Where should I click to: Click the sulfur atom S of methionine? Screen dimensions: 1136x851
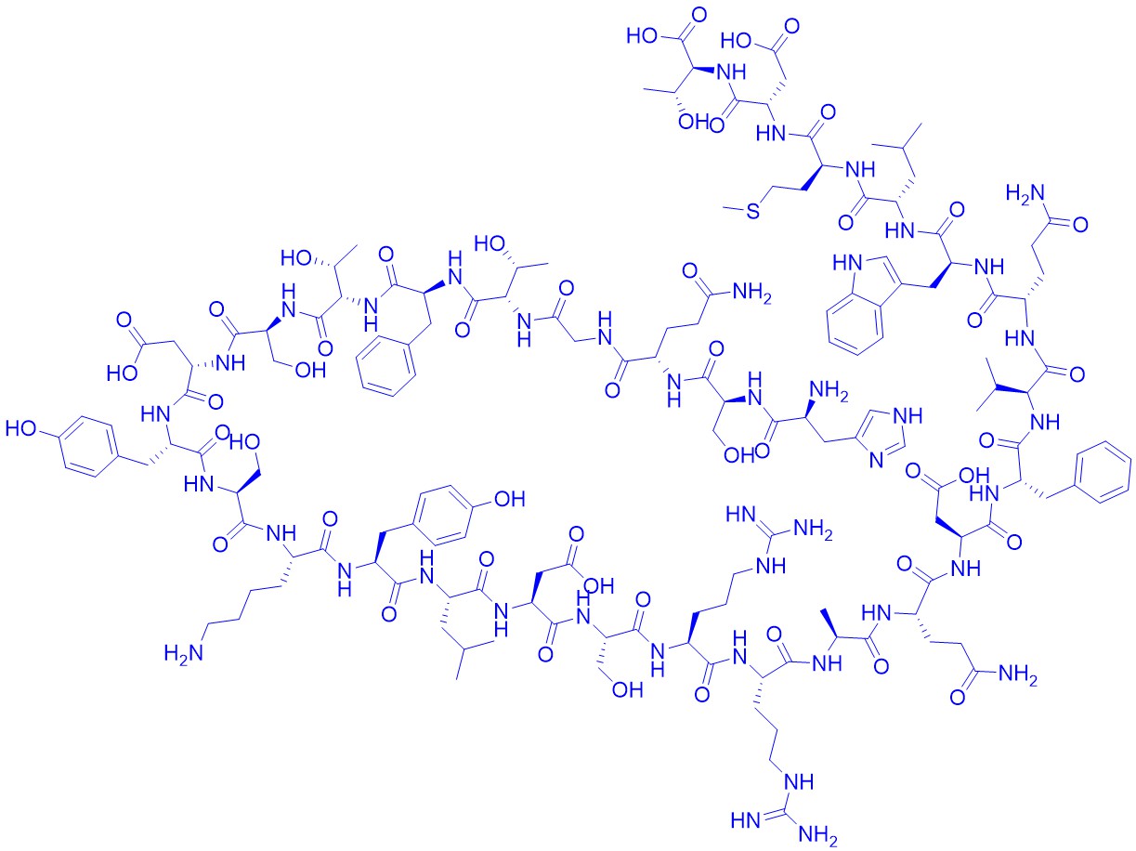753,211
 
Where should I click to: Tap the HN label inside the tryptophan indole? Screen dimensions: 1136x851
846,265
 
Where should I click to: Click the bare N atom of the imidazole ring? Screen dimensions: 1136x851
876,460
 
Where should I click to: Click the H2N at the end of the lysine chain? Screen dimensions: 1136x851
183,653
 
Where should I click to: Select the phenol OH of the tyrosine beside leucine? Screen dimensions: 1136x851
510,499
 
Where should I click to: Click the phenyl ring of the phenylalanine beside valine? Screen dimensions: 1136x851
1103,472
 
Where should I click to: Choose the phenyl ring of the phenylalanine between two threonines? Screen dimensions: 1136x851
388,365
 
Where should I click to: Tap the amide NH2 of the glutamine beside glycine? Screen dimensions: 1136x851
751,294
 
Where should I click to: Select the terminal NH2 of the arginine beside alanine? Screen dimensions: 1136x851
818,834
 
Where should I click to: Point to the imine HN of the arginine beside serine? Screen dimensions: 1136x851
740,514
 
